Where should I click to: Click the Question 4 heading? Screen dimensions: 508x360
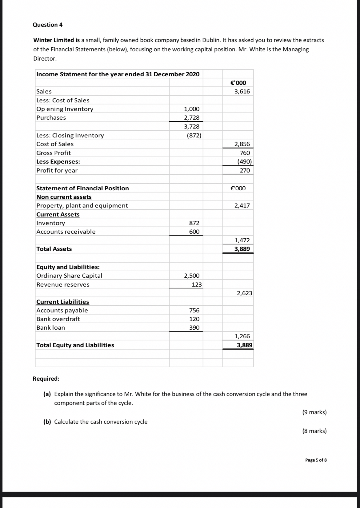[48, 25]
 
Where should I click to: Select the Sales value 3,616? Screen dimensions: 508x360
[242, 91]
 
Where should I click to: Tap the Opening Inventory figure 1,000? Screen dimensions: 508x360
[191, 109]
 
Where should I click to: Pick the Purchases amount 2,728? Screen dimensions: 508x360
[191, 117]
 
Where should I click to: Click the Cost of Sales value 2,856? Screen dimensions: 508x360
[242, 144]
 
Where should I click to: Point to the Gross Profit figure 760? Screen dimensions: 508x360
[245, 153]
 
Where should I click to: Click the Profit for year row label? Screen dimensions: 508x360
[57, 170]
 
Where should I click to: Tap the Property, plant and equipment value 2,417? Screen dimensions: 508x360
[242, 205]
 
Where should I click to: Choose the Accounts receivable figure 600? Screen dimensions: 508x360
[194, 232]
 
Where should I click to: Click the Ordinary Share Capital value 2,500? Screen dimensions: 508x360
[191, 276]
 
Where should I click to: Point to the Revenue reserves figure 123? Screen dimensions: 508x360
[197, 284]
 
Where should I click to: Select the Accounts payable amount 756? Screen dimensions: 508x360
[194, 310]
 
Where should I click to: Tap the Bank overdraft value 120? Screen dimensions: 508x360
[194, 319]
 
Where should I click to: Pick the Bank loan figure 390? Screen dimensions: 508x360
[194, 327]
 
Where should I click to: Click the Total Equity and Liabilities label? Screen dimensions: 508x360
[75, 345]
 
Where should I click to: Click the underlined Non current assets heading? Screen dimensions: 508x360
[64, 197]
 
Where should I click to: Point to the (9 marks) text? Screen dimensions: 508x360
[314, 412]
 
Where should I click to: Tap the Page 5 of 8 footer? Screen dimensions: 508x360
[316, 460]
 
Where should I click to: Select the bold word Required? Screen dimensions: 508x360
[46, 379]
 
